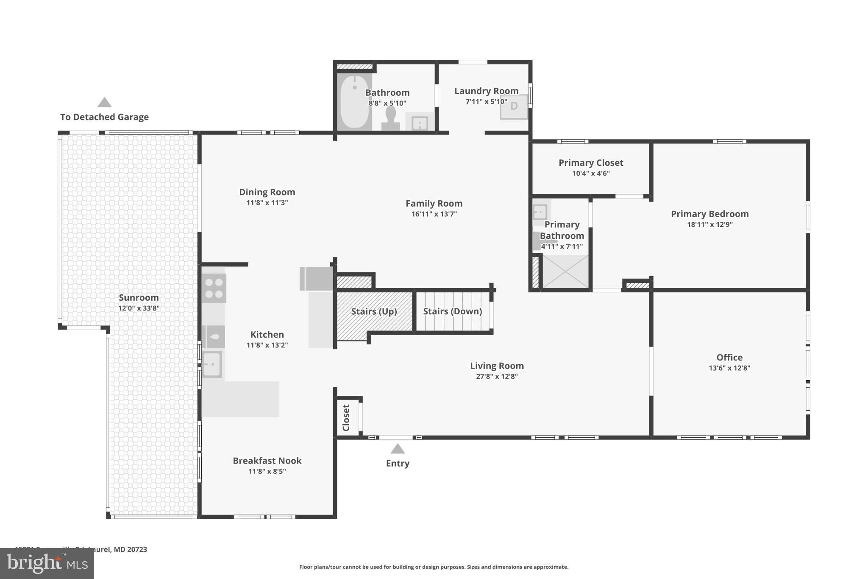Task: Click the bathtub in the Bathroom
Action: click(355, 102)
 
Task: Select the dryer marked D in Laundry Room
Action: click(514, 106)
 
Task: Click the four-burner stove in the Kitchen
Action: click(214, 288)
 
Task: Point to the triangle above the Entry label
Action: click(397, 449)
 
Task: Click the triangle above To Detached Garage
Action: click(104, 103)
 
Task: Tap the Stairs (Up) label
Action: click(374, 311)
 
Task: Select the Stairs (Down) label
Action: click(452, 311)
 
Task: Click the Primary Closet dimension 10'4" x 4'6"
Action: click(590, 173)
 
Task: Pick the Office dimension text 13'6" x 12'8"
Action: click(729, 368)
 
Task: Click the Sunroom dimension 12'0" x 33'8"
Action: click(139, 308)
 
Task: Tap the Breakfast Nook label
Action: click(267, 461)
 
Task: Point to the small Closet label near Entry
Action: click(346, 417)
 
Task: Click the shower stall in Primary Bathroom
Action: click(565, 271)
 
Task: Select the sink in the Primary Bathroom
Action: click(540, 212)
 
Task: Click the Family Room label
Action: click(434, 204)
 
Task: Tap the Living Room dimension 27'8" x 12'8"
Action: click(497, 377)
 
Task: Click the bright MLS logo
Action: click(47, 564)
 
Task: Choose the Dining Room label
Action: click(267, 192)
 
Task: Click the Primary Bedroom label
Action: click(709, 214)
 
